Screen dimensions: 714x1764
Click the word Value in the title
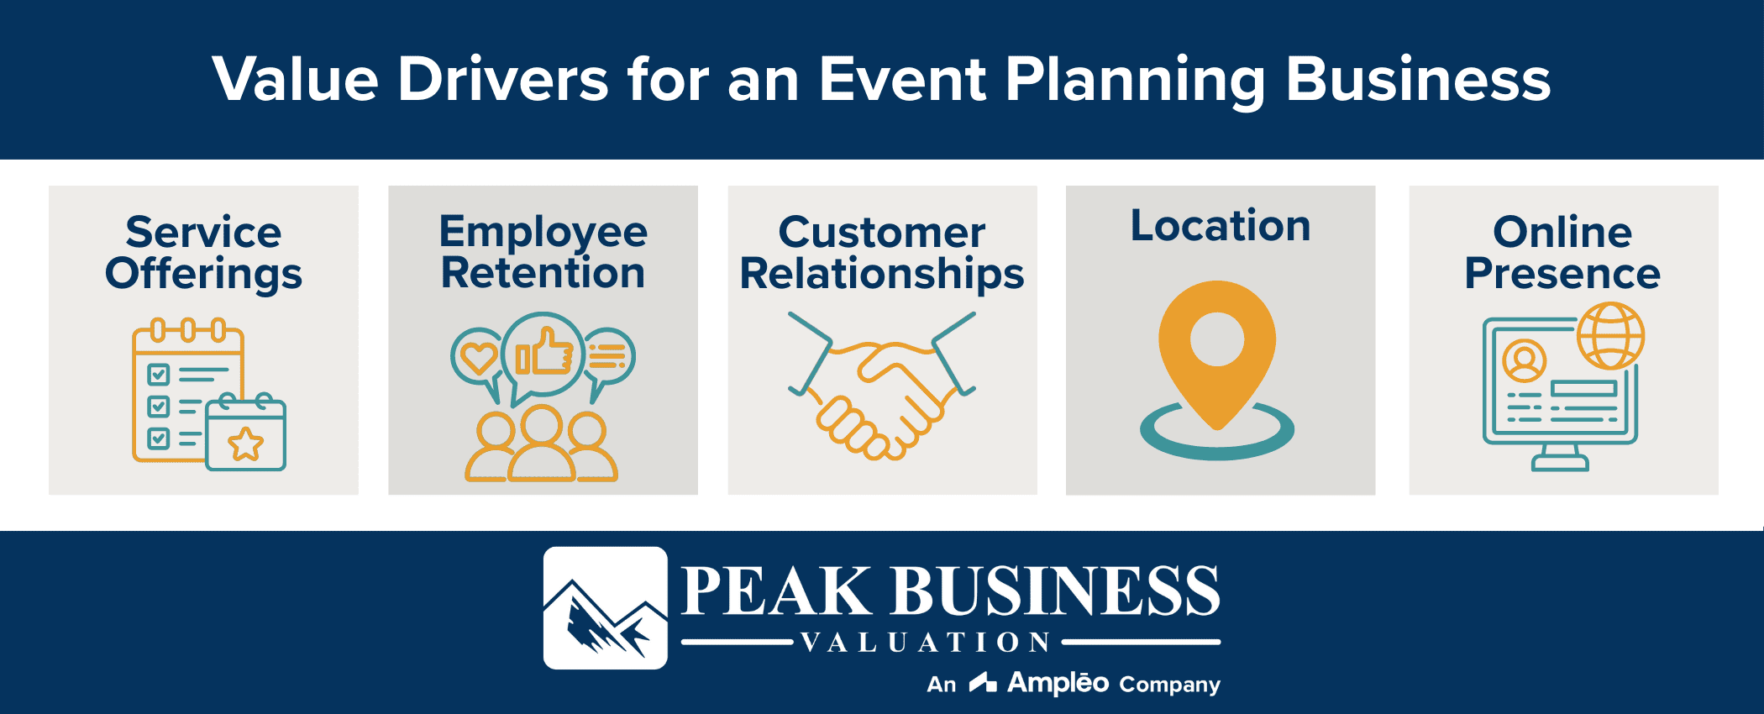click(295, 80)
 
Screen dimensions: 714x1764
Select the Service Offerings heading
click(203, 252)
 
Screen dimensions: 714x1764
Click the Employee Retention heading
click(543, 252)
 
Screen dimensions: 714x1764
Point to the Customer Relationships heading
click(882, 252)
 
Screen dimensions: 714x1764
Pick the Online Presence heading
click(1562, 252)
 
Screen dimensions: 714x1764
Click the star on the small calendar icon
click(246, 444)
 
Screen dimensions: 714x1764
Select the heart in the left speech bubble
click(479, 358)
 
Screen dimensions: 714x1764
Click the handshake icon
click(882, 386)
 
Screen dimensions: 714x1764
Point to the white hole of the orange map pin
click(1217, 339)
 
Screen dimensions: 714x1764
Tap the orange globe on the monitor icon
click(1610, 336)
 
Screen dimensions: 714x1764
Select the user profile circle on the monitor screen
click(1524, 361)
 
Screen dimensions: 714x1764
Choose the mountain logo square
click(605, 608)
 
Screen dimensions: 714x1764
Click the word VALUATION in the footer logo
click(925, 643)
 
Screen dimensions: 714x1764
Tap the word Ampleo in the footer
click(1058, 683)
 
